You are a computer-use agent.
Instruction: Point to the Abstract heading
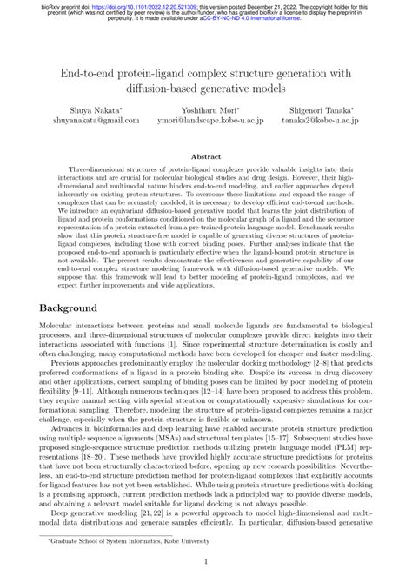[x=206, y=157]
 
